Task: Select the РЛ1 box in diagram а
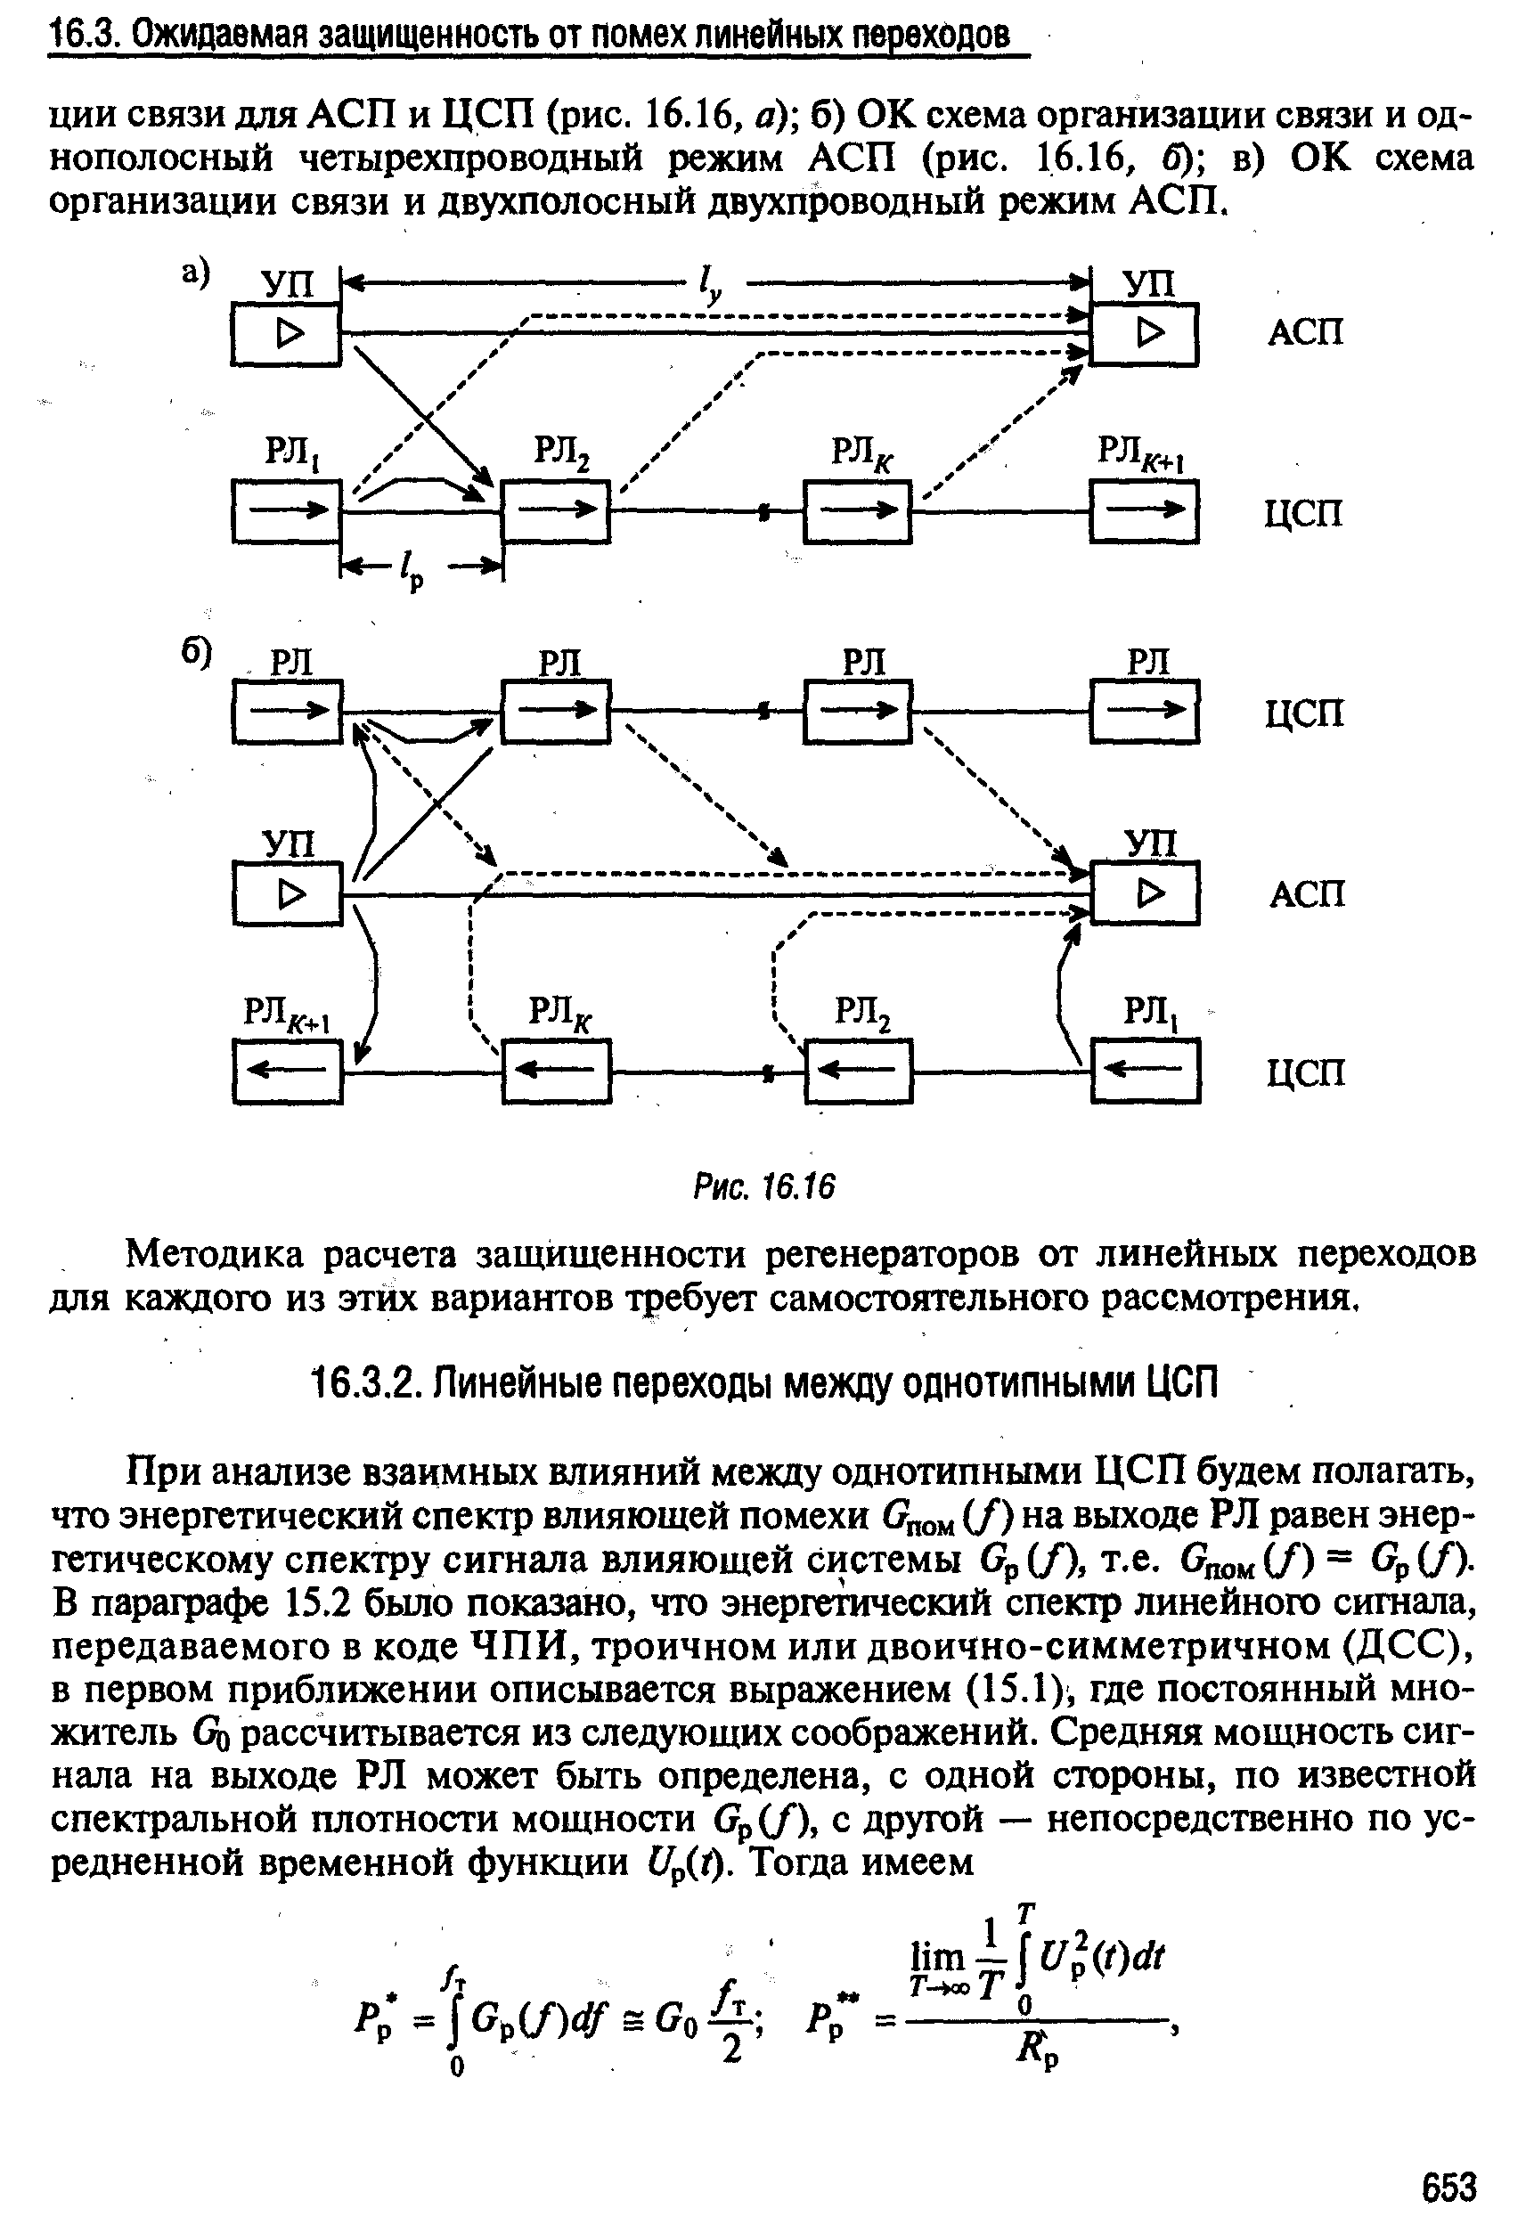tap(288, 511)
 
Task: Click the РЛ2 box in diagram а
tap(556, 511)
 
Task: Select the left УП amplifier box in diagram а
tap(287, 333)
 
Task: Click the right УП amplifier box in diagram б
tap(1144, 893)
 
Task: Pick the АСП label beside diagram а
tap(1304, 332)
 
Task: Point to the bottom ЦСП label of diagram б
tap(1304, 1072)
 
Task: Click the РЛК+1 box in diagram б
tap(288, 1072)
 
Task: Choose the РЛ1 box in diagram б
tap(1145, 1072)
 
